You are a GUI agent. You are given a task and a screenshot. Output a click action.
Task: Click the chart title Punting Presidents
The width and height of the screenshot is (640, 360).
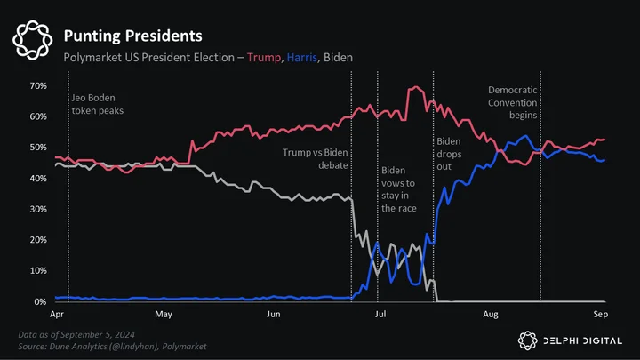pyautogui.click(x=132, y=36)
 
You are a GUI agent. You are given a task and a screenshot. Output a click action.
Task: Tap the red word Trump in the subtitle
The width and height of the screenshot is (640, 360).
pyautogui.click(x=264, y=58)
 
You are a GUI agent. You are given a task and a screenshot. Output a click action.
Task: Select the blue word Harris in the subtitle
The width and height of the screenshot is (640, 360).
pyautogui.click(x=301, y=58)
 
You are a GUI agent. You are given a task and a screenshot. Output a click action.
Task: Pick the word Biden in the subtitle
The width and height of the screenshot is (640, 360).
pyautogui.click(x=338, y=58)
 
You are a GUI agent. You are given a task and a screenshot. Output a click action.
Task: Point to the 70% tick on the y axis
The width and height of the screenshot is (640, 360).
pyautogui.click(x=38, y=85)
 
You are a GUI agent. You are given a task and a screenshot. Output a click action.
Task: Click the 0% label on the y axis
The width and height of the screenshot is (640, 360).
pyautogui.click(x=40, y=301)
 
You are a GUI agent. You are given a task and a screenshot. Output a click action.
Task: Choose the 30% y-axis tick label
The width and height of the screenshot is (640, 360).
pyautogui.click(x=38, y=209)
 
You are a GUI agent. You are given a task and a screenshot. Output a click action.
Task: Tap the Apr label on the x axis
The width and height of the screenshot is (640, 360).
pyautogui.click(x=57, y=315)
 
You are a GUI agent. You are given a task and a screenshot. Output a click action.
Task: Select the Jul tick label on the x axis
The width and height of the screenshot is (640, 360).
pyautogui.click(x=380, y=314)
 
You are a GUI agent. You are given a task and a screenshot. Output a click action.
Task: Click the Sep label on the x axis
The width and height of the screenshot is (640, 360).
pyautogui.click(x=600, y=315)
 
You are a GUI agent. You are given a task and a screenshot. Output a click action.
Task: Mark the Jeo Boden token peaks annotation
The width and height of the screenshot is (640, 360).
pyautogui.click(x=98, y=104)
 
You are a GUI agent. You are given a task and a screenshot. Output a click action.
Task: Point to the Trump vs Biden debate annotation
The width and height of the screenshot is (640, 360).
pyautogui.click(x=315, y=159)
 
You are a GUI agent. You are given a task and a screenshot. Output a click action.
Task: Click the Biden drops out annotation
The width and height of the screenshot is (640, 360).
pyautogui.click(x=449, y=154)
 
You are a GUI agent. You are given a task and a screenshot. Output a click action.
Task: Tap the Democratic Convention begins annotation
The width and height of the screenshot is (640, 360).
pyautogui.click(x=513, y=102)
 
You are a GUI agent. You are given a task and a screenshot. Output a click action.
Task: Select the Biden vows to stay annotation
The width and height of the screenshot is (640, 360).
pyautogui.click(x=399, y=189)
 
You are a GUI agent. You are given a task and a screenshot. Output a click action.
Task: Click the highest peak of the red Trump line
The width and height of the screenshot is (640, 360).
pyautogui.click(x=416, y=86)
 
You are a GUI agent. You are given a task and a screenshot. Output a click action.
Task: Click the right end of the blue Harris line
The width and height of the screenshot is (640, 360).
pyautogui.click(x=604, y=160)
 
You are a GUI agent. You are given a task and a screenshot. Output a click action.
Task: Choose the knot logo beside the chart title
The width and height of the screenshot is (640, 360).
pyautogui.click(x=33, y=40)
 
